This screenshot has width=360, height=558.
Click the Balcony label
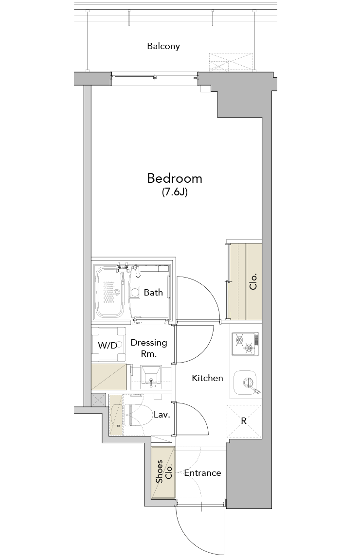click(x=163, y=46)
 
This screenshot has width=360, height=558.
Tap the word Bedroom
click(x=175, y=178)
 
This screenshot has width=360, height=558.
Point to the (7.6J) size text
click(x=175, y=192)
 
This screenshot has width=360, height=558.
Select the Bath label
click(x=153, y=293)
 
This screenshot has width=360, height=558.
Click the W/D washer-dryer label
click(x=107, y=345)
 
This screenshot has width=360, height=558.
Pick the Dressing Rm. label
click(x=149, y=348)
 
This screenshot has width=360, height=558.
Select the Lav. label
click(x=162, y=415)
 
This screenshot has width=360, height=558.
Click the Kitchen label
click(x=207, y=378)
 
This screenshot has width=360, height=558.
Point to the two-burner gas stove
click(x=245, y=344)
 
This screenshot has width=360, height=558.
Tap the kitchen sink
click(x=245, y=383)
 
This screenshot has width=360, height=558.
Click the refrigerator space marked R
click(x=244, y=421)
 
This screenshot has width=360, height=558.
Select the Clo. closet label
click(x=253, y=282)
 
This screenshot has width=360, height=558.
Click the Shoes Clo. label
click(x=164, y=471)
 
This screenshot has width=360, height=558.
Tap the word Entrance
click(x=202, y=473)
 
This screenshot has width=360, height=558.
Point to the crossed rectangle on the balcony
click(x=231, y=62)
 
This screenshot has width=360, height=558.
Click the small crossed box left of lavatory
click(x=98, y=400)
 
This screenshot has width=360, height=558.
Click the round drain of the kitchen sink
click(x=247, y=383)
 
